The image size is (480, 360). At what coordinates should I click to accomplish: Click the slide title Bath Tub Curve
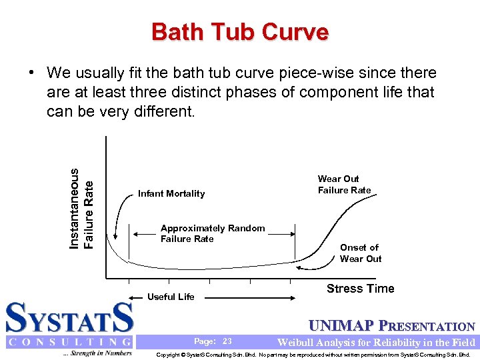click(x=240, y=31)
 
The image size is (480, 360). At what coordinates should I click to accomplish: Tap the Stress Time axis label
click(x=360, y=289)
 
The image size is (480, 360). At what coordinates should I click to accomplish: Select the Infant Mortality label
click(x=171, y=194)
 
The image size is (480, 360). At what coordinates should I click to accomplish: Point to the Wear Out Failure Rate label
click(x=344, y=185)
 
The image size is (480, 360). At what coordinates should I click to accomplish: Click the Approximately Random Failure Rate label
click(x=212, y=233)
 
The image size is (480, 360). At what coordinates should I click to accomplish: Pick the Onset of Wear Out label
click(x=360, y=253)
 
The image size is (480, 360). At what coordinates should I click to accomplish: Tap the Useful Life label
click(x=171, y=297)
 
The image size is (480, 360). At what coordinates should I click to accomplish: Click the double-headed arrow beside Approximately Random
click(x=145, y=233)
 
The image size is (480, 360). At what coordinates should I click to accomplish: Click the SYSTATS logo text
click(x=69, y=318)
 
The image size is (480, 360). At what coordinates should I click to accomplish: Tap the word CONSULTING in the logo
click(x=69, y=342)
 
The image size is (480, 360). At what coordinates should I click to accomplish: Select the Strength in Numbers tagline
click(x=97, y=353)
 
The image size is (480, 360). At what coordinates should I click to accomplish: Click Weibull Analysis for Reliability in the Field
click(x=376, y=343)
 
